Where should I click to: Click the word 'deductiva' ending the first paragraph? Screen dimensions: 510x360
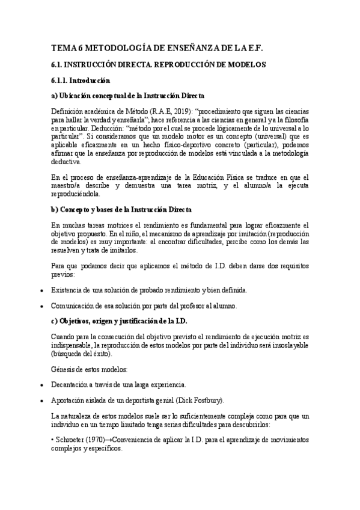(x=70, y=162)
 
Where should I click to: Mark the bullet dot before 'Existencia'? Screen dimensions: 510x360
(x=41, y=291)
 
